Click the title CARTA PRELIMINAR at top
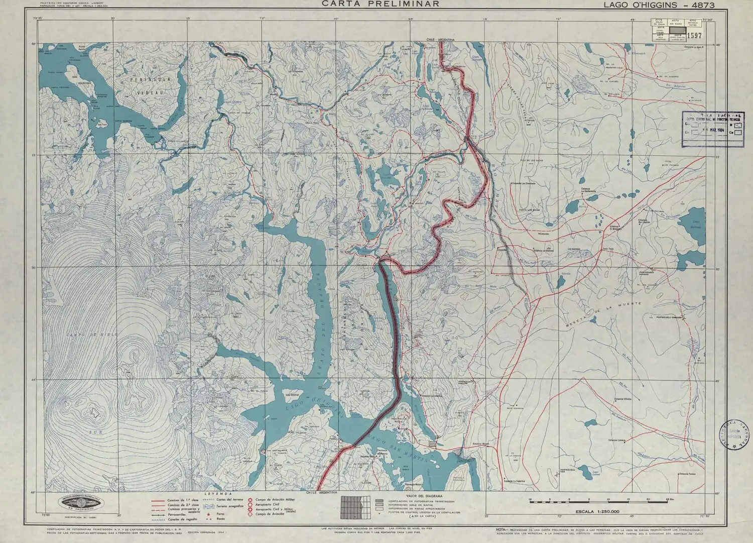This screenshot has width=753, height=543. point(381,4)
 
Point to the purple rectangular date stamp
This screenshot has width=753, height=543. point(712,128)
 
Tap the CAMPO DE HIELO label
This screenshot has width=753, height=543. point(92,334)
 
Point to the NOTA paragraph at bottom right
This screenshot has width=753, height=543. point(600,532)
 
